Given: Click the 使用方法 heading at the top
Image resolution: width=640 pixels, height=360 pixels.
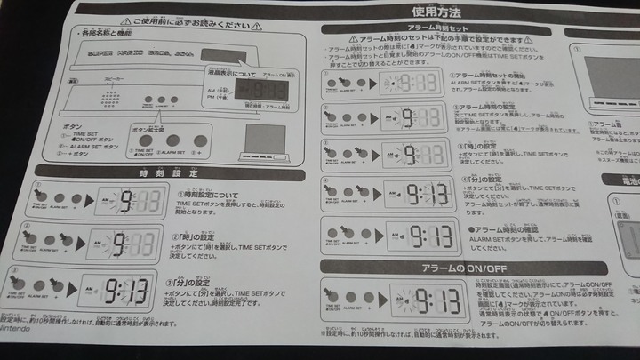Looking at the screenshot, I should [436, 12].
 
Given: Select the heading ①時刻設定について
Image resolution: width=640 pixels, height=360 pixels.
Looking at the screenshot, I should [204, 195].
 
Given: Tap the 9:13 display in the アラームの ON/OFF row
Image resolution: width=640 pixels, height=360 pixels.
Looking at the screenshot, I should [423, 298].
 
